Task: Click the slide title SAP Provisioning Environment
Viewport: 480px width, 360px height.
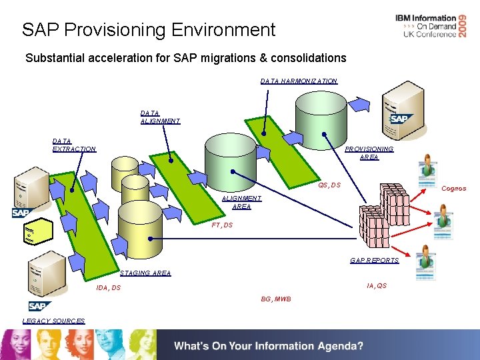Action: click(x=148, y=30)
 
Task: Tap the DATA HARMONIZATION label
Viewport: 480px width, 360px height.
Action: click(x=299, y=81)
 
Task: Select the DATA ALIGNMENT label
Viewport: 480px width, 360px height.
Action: click(x=160, y=117)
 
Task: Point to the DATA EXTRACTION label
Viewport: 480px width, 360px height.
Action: click(x=74, y=145)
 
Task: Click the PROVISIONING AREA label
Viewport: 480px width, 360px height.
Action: click(x=369, y=153)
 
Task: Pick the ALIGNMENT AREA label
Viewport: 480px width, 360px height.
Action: click(x=241, y=203)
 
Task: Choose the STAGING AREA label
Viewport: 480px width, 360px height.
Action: click(x=145, y=273)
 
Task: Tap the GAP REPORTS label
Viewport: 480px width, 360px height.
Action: click(x=374, y=261)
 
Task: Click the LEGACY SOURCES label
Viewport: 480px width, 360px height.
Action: click(x=53, y=321)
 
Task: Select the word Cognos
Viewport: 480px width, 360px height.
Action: click(x=454, y=189)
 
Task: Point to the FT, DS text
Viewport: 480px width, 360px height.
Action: click(x=222, y=225)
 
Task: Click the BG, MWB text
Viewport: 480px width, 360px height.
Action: click(x=276, y=299)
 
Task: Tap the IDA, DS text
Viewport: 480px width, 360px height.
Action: click(x=108, y=288)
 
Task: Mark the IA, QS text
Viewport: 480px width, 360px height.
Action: click(x=377, y=286)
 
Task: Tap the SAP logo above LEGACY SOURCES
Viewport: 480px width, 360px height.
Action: click(x=40, y=306)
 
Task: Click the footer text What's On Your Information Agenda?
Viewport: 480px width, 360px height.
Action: click(x=269, y=346)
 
